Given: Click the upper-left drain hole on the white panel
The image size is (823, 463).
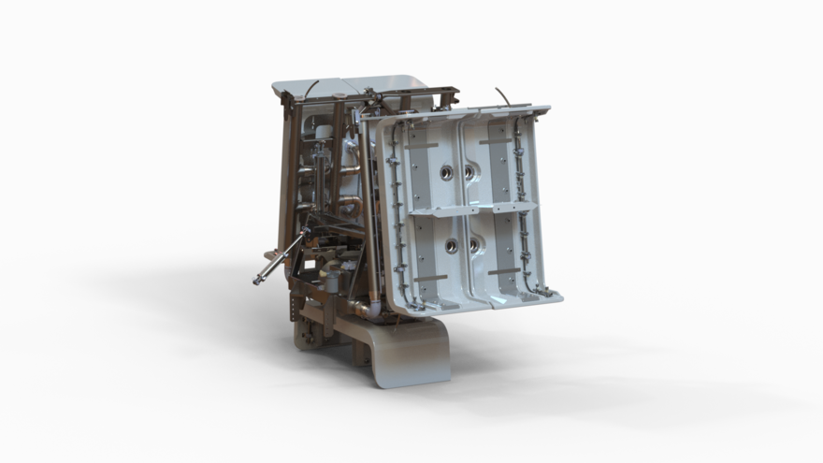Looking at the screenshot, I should tap(446, 172).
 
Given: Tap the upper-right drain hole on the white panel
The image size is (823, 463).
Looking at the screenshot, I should tap(469, 172).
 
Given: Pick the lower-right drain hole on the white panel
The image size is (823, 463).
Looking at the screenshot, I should tap(474, 245).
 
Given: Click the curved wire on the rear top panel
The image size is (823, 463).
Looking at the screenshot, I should tap(310, 88).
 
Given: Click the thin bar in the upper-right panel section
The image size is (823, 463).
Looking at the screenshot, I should tap(495, 141).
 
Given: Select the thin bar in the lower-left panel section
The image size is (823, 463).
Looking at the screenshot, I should tap(430, 278).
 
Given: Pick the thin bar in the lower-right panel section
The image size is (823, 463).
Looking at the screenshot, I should tap(503, 271).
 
